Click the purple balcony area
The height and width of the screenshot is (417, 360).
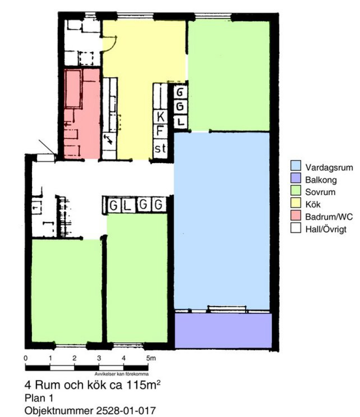click(x=223, y=330)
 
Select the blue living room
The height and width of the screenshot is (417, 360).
click(x=222, y=221)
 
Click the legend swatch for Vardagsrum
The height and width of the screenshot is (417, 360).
click(x=296, y=165)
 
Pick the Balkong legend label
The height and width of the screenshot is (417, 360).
click(x=321, y=180)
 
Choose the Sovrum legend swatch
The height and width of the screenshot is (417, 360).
click(x=296, y=190)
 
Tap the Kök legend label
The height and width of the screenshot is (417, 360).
click(x=313, y=204)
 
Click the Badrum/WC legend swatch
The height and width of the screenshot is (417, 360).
click(x=296, y=215)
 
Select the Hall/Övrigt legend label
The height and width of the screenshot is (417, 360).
click(x=326, y=229)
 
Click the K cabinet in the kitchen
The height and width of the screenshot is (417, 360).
click(x=160, y=116)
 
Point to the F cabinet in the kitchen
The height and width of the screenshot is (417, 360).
click(x=160, y=131)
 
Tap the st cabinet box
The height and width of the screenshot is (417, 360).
click(x=160, y=148)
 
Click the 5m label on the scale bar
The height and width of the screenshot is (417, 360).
click(x=151, y=358)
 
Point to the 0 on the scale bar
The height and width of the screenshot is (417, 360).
click(x=25, y=358)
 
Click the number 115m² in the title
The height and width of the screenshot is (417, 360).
click(x=143, y=385)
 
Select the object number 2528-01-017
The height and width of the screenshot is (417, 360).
click(x=126, y=411)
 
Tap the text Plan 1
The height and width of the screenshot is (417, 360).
click(x=39, y=398)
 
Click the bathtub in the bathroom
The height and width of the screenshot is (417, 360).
click(x=73, y=89)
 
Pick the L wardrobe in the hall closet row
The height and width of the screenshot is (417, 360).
click(x=128, y=205)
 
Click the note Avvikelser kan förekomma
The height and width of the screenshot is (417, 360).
click(x=121, y=374)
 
